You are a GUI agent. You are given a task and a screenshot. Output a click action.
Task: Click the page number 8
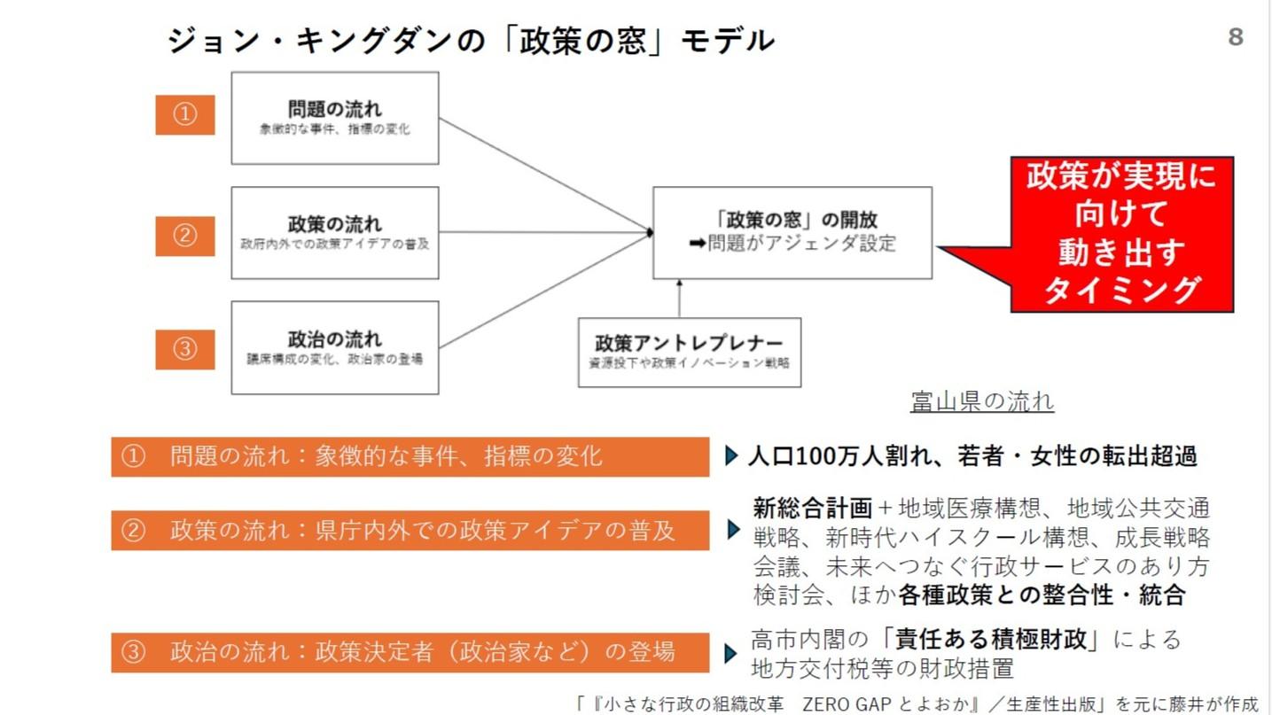click(x=1235, y=37)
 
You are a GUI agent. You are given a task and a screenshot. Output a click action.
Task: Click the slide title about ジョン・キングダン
click(x=470, y=40)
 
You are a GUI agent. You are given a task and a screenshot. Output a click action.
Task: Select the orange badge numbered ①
click(x=184, y=115)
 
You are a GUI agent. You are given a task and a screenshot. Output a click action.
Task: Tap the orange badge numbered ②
click(x=184, y=236)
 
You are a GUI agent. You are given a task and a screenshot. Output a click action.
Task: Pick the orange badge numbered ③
click(x=184, y=348)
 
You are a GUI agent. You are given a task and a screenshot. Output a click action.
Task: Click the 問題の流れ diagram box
click(x=335, y=118)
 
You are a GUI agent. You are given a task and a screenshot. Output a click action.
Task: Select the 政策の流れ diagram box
click(x=335, y=232)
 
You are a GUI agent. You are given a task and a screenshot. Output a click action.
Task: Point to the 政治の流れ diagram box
click(x=335, y=347)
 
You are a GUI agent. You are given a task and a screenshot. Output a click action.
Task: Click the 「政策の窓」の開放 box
click(x=792, y=232)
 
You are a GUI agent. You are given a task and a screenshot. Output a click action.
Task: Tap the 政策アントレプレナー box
click(x=690, y=352)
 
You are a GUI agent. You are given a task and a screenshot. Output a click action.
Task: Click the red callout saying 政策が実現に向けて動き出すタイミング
click(x=1121, y=235)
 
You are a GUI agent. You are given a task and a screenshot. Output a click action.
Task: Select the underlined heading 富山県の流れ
click(x=982, y=402)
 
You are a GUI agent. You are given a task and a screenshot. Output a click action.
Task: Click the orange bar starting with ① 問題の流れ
click(x=410, y=456)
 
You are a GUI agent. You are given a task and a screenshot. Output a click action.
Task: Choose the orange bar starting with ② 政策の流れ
click(x=410, y=531)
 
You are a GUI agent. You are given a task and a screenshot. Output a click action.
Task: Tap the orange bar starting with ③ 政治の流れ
click(x=410, y=652)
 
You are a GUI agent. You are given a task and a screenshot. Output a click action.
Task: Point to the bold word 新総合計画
click(x=813, y=509)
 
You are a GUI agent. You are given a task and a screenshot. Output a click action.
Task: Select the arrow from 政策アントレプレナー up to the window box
click(x=680, y=299)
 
